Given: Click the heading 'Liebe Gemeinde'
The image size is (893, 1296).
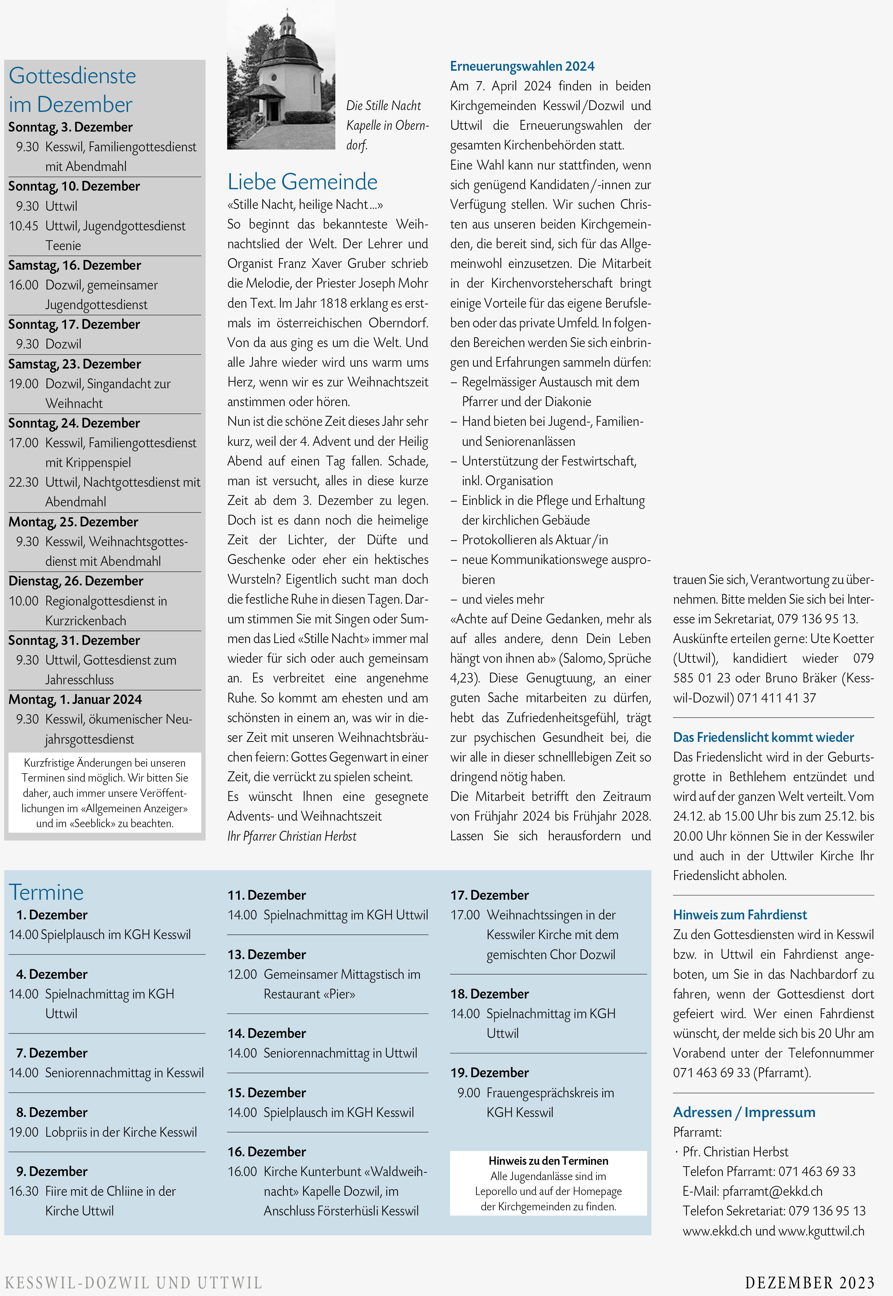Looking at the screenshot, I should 302,182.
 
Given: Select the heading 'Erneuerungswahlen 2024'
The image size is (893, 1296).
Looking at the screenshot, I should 522,66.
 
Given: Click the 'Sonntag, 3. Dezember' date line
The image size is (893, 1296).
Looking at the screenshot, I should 70,127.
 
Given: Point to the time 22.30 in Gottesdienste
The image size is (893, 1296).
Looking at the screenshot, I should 23,482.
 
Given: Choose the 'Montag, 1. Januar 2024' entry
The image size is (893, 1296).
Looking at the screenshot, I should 75,700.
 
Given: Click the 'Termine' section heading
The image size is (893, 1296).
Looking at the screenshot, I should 46,892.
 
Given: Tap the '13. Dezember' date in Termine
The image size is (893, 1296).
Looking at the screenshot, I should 266,954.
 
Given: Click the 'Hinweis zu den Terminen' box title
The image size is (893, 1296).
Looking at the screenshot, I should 548,1161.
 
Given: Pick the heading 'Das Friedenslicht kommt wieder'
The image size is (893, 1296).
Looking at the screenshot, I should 763,737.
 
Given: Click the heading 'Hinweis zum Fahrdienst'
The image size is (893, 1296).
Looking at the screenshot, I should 740,915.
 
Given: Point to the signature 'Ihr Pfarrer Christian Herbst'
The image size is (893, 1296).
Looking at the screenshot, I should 291,836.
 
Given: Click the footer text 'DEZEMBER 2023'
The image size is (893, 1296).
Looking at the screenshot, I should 809,1283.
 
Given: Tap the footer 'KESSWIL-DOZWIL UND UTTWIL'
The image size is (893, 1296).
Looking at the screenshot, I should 133,1283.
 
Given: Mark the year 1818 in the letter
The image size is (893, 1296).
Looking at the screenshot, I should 333,303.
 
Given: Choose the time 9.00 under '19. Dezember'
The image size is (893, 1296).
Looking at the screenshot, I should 468,1093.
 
